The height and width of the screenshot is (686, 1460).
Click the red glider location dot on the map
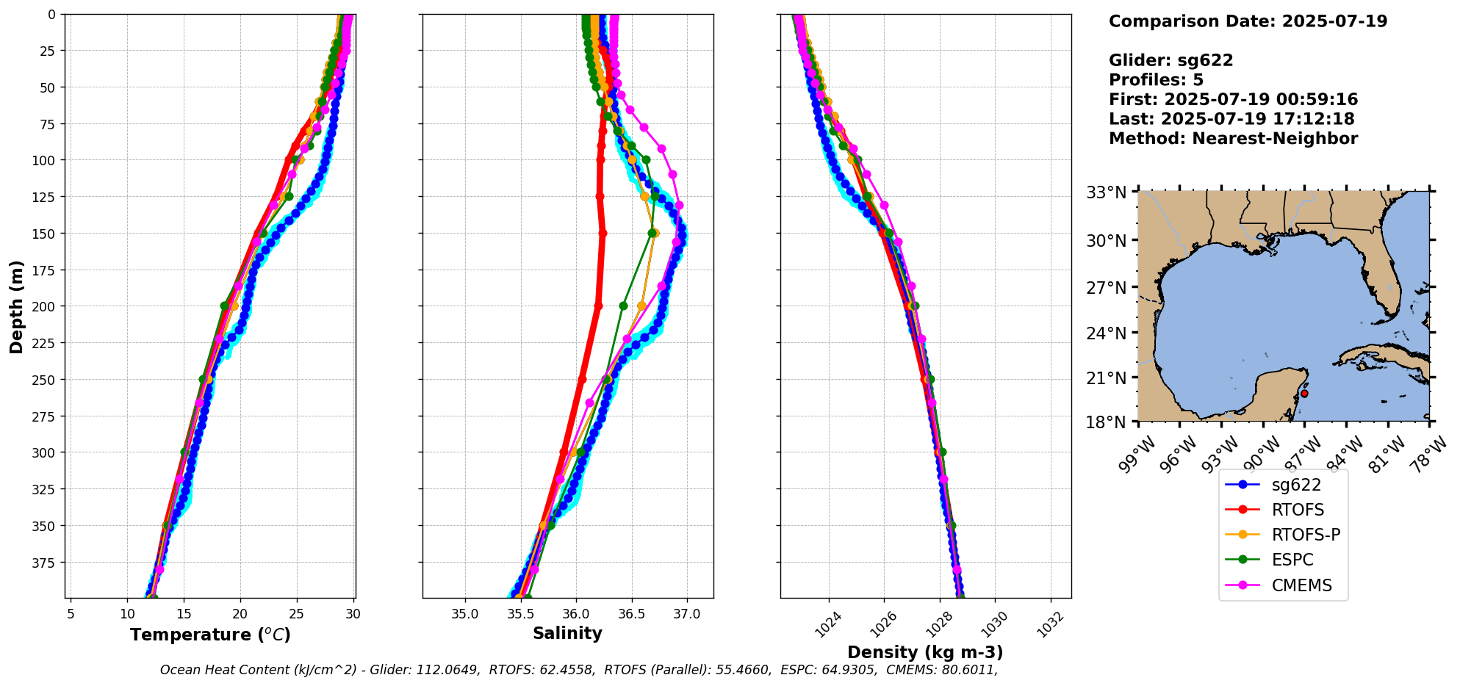[x=1304, y=394]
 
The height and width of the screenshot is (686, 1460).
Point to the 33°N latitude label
[x=1106, y=193]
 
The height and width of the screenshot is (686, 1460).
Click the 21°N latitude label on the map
[x=1106, y=378]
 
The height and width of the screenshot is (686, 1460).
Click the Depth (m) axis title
[x=16, y=306]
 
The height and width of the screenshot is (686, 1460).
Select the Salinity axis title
[x=567, y=633]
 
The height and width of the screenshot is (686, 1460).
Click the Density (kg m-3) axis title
[x=925, y=652]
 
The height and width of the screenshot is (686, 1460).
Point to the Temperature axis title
[x=210, y=635]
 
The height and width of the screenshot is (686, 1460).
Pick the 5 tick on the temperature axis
[x=71, y=613]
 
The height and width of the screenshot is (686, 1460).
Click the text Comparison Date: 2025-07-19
[x=1248, y=21]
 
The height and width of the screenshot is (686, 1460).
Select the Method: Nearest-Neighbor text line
[x=1233, y=139]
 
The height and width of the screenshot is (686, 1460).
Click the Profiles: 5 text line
[x=1156, y=80]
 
